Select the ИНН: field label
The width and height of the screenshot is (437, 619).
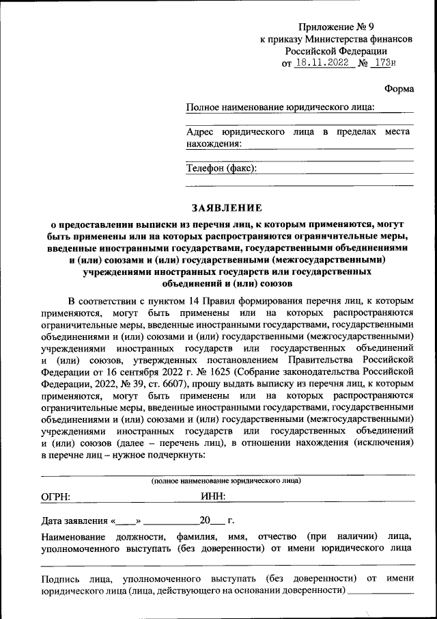213,498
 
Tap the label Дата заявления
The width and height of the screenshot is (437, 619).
73,521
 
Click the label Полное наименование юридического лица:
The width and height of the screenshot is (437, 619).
280,107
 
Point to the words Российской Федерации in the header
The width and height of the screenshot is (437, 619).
337,51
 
